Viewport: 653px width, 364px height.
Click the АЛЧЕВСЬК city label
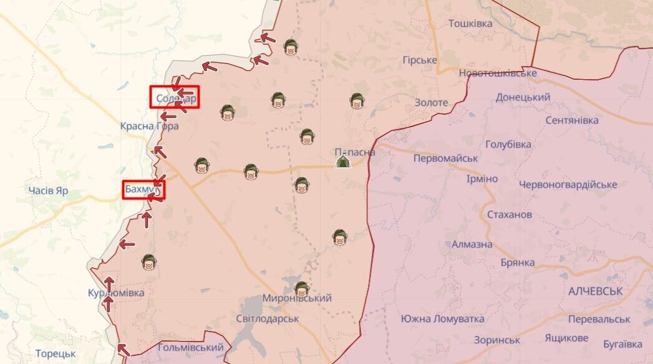595,292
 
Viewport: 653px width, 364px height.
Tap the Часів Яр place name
49,191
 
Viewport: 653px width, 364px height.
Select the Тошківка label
470,24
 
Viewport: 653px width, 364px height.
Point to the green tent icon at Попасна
342,161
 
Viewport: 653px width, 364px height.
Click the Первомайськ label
445,158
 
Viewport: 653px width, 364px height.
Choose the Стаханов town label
510,214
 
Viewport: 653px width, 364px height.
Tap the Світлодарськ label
267,318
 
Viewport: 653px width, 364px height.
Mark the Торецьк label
56,353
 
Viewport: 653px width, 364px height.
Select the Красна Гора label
150,126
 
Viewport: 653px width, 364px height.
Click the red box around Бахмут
143,189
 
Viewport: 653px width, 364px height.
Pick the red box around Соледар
175,97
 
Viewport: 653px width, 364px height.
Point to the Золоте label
432,102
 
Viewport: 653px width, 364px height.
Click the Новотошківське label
498,74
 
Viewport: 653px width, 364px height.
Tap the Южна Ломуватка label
443,319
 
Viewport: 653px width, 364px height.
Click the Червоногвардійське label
568,184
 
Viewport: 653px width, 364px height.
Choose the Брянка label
518,262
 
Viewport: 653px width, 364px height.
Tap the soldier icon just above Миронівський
301,288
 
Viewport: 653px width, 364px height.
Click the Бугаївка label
622,344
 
